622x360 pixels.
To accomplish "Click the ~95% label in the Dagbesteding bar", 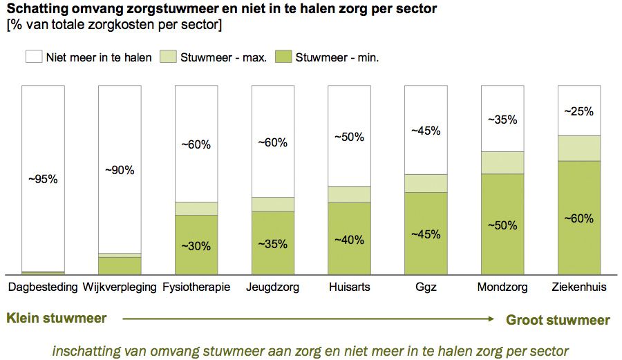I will [x=43, y=179].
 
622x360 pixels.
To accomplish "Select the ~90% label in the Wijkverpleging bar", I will [x=120, y=170].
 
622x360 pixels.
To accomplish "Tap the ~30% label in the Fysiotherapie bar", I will [x=196, y=245].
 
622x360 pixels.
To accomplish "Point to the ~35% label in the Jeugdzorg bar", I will [x=273, y=244].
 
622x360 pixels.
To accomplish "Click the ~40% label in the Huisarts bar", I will [x=349, y=240].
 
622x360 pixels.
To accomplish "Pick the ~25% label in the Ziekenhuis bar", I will [x=578, y=111].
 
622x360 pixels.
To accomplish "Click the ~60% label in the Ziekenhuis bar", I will [x=578, y=218].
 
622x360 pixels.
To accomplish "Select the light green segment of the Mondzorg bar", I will [x=502, y=162].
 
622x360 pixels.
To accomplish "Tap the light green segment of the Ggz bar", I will [x=426, y=183].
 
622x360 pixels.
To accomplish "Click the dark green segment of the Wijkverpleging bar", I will [x=120, y=265].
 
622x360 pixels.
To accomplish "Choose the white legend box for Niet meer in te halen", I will [x=33, y=57].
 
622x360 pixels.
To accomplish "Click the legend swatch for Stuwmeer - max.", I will [x=168, y=57].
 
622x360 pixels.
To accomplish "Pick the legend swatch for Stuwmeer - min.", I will [x=283, y=57].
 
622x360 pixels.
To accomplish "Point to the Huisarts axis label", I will [x=349, y=287].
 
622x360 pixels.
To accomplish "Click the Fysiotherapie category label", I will [x=196, y=287].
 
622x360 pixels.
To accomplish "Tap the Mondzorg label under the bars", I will [x=502, y=287].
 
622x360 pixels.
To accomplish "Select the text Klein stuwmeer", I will [x=57, y=319].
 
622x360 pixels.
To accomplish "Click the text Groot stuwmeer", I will [x=558, y=320].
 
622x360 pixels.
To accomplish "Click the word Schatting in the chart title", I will [x=33, y=10].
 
